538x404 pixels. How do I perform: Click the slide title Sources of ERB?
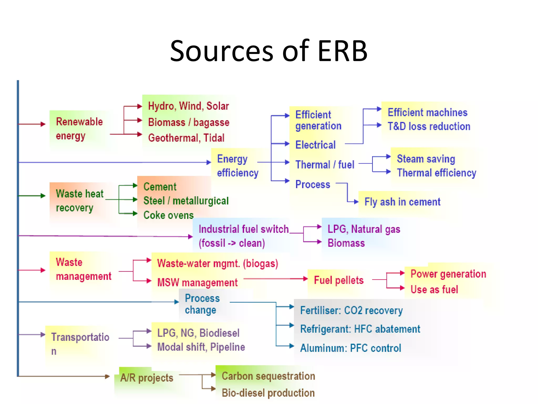(x=268, y=51)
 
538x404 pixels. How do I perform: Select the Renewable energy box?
(x=79, y=129)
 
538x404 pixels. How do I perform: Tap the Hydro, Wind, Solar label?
(x=188, y=106)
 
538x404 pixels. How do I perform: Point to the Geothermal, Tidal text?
(x=186, y=138)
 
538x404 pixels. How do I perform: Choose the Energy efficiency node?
(x=237, y=166)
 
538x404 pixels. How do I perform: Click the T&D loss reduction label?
(x=429, y=127)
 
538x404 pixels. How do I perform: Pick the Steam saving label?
(x=426, y=159)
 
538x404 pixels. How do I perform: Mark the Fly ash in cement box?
(x=402, y=202)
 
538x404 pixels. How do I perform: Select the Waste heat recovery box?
(x=80, y=201)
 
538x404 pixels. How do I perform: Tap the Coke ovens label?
(x=168, y=215)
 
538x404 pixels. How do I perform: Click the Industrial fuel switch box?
(x=243, y=236)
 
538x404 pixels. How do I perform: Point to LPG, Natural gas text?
(x=364, y=229)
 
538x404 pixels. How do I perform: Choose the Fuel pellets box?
(x=339, y=280)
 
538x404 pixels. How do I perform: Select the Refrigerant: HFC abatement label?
(x=360, y=329)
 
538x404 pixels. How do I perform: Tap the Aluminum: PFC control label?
(x=350, y=348)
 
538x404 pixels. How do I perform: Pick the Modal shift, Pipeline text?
(x=201, y=347)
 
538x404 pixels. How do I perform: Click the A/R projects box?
(x=147, y=378)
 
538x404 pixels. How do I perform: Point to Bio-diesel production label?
(x=268, y=393)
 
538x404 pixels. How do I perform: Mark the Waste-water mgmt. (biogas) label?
(x=218, y=264)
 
